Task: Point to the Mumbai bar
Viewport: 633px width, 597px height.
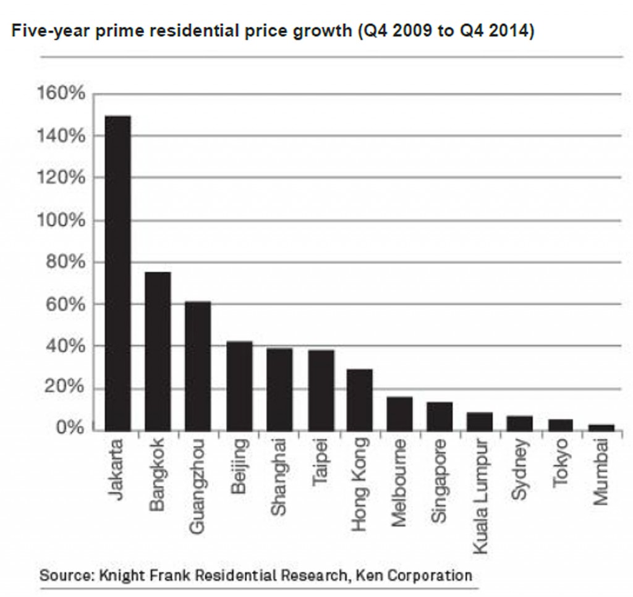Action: coord(601,427)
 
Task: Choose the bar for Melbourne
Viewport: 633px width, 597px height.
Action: coord(399,413)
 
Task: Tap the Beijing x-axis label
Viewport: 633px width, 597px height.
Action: coord(239,467)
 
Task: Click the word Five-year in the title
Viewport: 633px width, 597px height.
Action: coord(43,32)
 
